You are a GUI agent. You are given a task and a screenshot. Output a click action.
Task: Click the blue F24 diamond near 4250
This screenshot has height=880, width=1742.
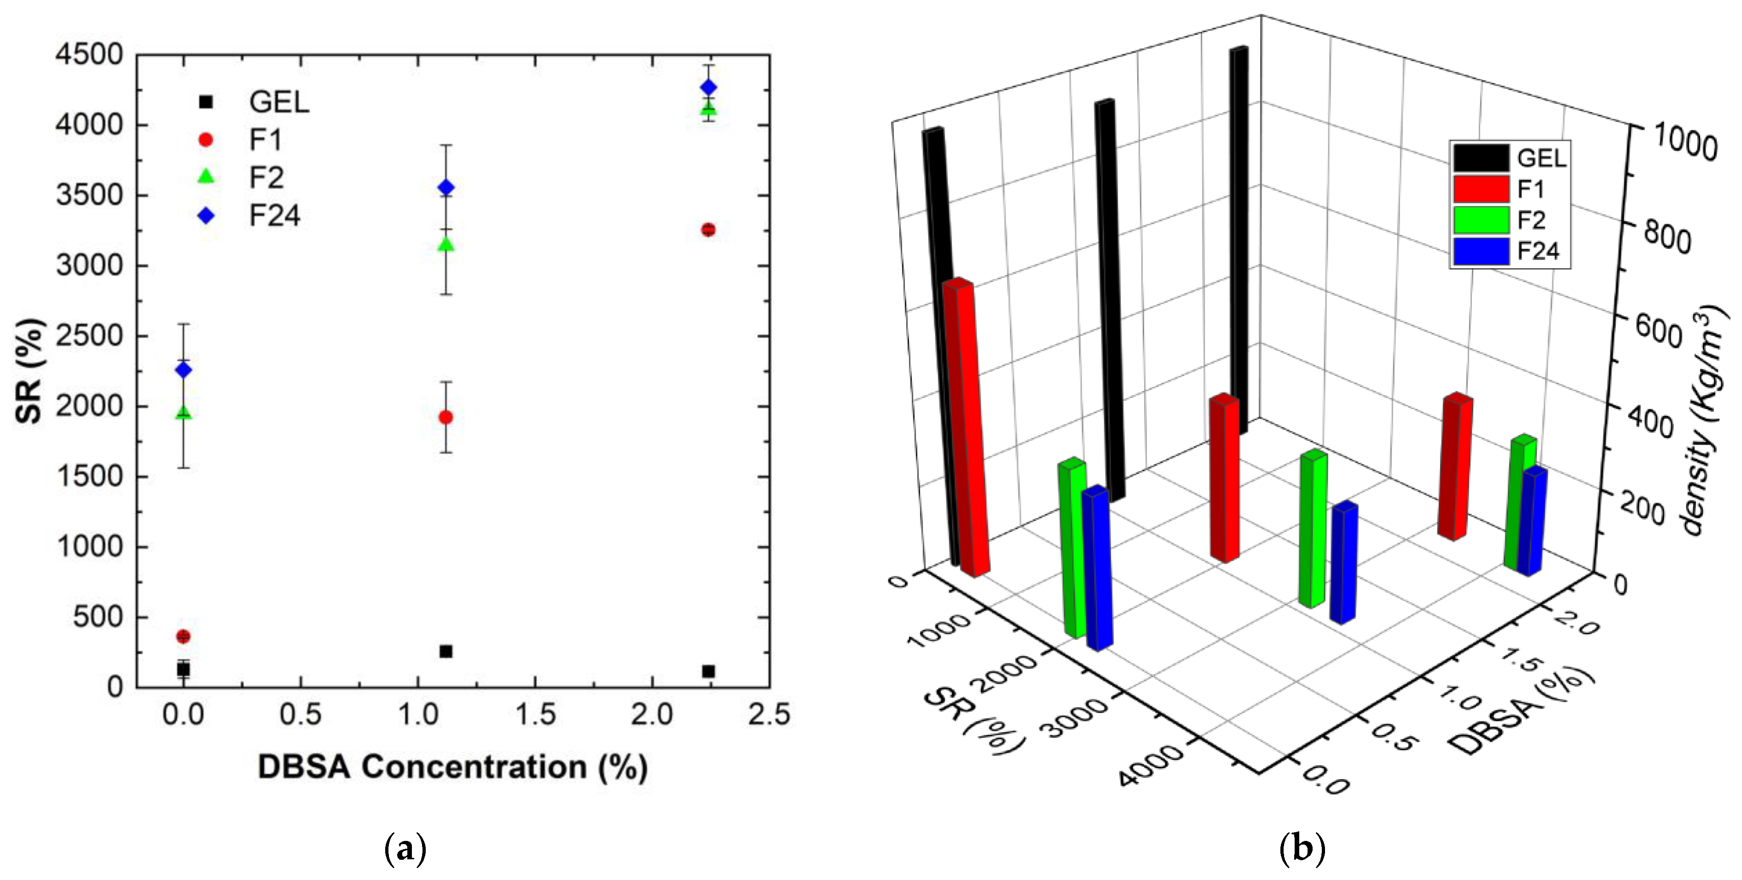pyautogui.click(x=708, y=88)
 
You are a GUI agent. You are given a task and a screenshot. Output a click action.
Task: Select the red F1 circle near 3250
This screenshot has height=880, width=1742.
pyautogui.click(x=708, y=230)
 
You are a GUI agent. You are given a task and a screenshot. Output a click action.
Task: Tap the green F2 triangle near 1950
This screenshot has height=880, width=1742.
pyautogui.click(x=183, y=412)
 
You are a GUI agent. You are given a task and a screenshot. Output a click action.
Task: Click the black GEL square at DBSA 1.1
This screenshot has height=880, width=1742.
pyautogui.click(x=446, y=651)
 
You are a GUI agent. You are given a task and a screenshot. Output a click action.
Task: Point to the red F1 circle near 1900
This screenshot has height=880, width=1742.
pyautogui.click(x=446, y=418)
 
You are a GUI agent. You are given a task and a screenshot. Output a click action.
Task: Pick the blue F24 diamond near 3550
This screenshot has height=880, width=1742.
pyautogui.click(x=446, y=188)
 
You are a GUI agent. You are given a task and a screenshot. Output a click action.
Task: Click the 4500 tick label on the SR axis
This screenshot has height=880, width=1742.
pyautogui.click(x=89, y=55)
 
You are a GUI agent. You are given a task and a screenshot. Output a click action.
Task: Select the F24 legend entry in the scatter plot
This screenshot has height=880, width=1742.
pyautogui.click(x=274, y=216)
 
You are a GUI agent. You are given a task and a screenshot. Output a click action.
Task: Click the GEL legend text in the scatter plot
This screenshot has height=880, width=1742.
pyautogui.click(x=278, y=103)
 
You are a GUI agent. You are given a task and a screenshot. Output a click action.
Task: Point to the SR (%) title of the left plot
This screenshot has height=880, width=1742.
pyautogui.click(x=30, y=370)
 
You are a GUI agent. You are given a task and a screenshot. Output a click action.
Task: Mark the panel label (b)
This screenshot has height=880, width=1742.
pyautogui.click(x=1302, y=848)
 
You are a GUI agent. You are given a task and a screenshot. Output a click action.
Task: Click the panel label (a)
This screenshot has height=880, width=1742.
pyautogui.click(x=405, y=848)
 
